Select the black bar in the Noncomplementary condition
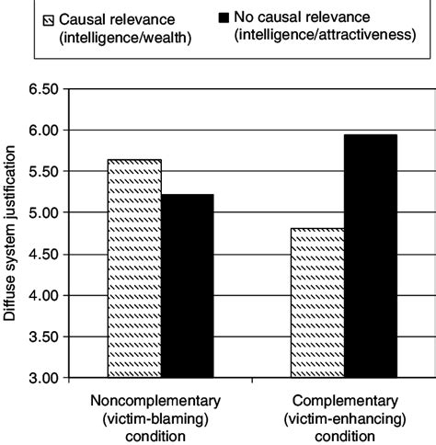point(188,286)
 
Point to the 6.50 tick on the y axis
point(43,89)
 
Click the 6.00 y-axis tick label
point(43,131)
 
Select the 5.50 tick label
point(43,172)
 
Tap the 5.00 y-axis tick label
point(43,213)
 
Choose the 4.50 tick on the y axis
point(43,255)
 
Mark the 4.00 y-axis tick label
point(43,296)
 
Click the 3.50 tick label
point(43,337)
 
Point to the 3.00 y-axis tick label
point(43,378)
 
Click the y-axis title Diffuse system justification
point(11,234)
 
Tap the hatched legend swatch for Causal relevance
point(50,17)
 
